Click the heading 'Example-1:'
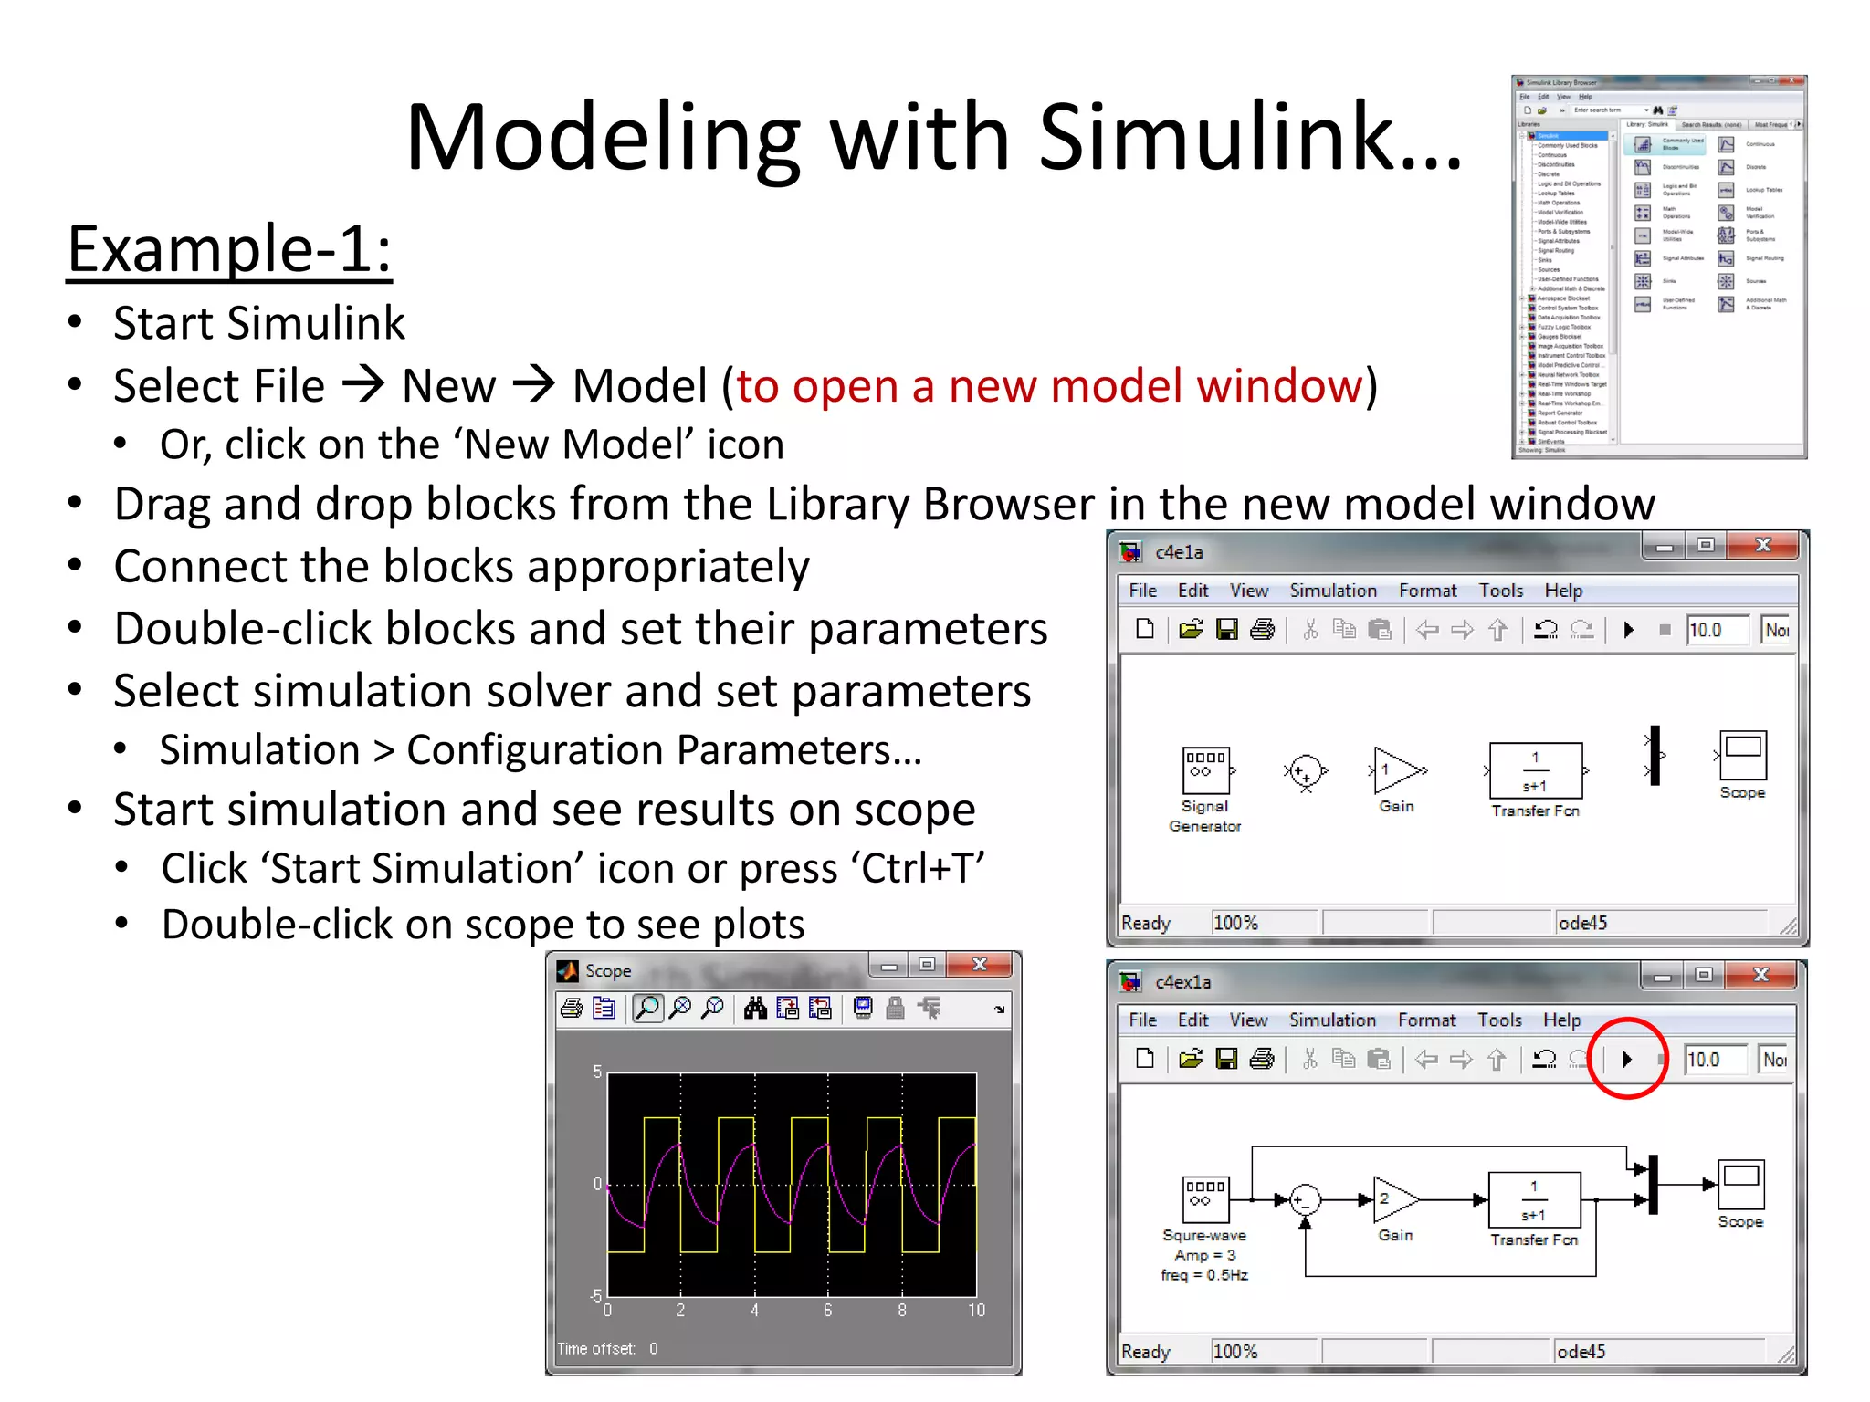point(229,249)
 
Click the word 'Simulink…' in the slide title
point(1249,139)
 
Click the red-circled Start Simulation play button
point(1627,1059)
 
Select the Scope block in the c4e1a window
point(1742,756)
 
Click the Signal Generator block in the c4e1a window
point(1205,769)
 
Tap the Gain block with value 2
point(1394,1199)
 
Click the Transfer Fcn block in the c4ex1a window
point(1534,1199)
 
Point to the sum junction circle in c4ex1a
point(1306,1199)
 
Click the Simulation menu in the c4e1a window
point(1332,591)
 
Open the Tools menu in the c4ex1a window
point(1499,1020)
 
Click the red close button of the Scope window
point(980,965)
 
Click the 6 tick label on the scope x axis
point(827,1310)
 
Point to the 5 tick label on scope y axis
point(597,1072)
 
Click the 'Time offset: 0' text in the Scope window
point(607,1348)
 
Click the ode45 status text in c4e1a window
point(1582,923)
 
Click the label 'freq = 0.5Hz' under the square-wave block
point(1204,1275)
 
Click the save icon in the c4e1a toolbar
point(1227,630)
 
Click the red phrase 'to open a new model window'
point(1049,386)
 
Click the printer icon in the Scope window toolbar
point(572,1009)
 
